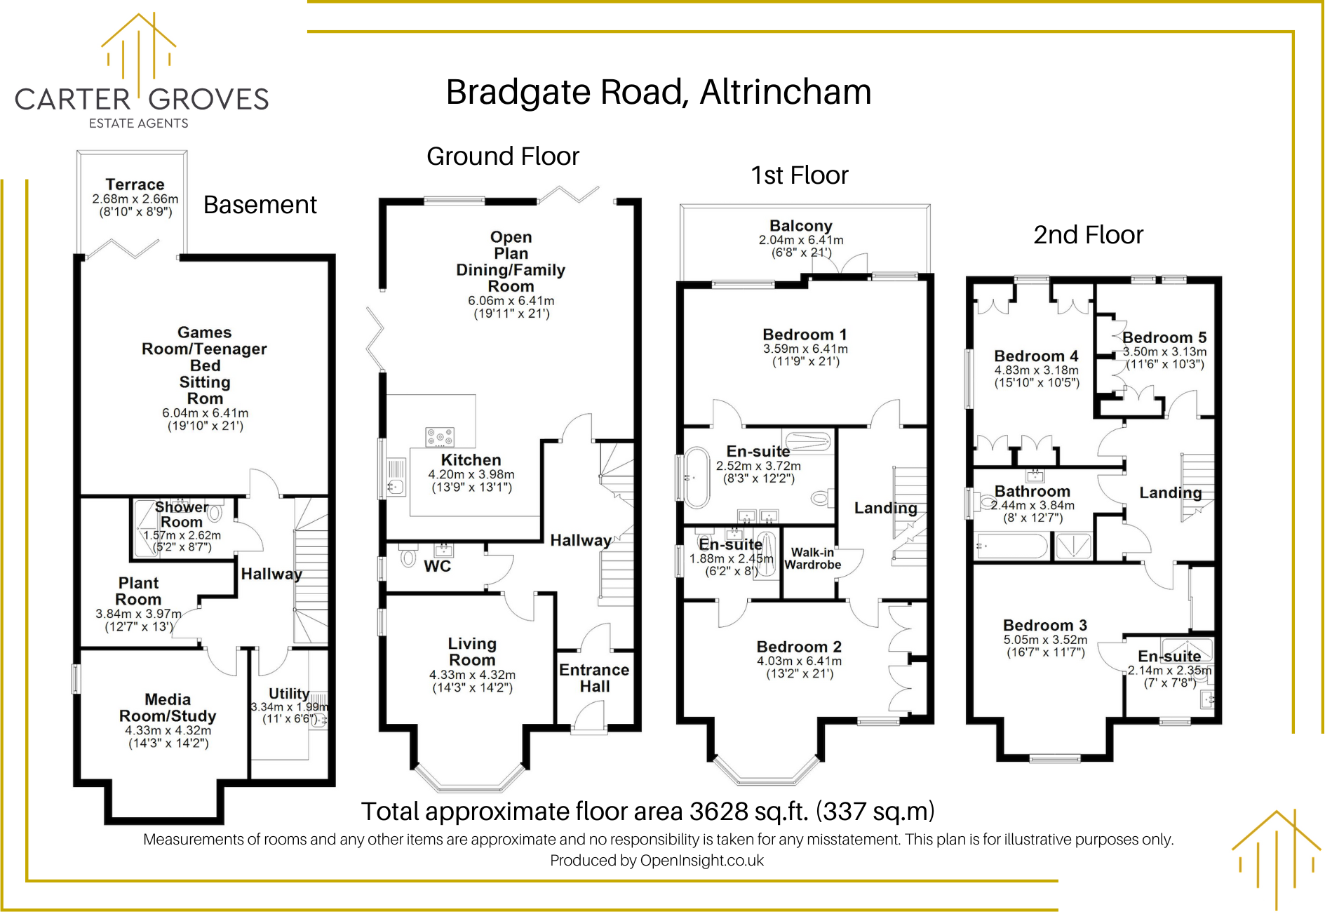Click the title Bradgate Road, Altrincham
[x=658, y=93]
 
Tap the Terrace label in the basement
[x=135, y=184]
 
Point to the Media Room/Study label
[x=168, y=708]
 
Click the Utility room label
[x=288, y=693]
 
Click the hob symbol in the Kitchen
[x=440, y=437]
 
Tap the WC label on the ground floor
[x=437, y=566]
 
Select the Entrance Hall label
[x=594, y=678]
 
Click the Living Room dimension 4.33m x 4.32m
[x=472, y=675]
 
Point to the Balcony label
[x=800, y=226]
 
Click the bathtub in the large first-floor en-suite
[x=697, y=477]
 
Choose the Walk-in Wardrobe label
[x=812, y=558]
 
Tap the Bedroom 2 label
[x=799, y=647]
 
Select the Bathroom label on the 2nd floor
[x=1032, y=491]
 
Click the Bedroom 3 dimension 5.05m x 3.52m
[x=1045, y=640]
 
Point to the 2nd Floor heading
[x=1088, y=235]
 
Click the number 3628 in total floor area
[x=719, y=812]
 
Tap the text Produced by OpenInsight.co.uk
[x=657, y=861]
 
